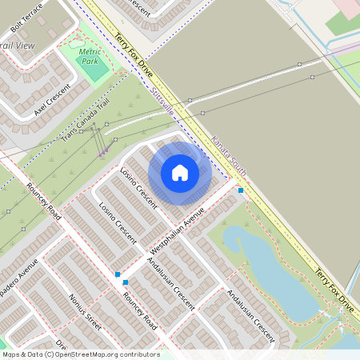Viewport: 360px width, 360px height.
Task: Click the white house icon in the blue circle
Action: pyautogui.click(x=179, y=173)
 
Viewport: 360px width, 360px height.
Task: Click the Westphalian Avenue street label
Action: pyautogui.click(x=177, y=232)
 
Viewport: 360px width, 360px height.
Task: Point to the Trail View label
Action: pyautogui.click(x=18, y=46)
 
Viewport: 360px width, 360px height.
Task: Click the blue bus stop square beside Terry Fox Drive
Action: pyautogui.click(x=241, y=190)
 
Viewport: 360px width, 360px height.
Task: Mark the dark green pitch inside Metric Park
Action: pyautogui.click(x=94, y=70)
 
